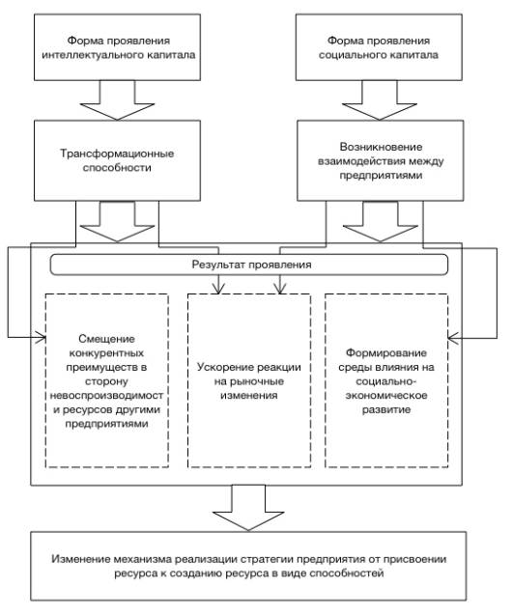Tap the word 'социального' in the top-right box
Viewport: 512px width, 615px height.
click(346, 55)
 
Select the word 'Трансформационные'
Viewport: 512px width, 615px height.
click(117, 154)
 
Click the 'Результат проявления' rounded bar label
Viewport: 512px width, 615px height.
click(251, 265)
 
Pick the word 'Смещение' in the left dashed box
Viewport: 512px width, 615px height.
click(106, 339)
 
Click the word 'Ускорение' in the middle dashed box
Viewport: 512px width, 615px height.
click(223, 368)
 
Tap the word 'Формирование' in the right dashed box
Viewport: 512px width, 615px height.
click(386, 353)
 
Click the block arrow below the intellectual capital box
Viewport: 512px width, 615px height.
click(117, 100)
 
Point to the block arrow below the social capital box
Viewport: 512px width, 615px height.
click(380, 100)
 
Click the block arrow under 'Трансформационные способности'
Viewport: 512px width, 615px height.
click(117, 222)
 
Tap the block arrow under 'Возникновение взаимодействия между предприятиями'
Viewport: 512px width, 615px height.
click(381, 222)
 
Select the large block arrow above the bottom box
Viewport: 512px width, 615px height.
click(248, 508)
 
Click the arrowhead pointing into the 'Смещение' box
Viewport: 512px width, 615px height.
click(43, 337)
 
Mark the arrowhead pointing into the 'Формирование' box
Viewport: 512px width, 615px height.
click(452, 338)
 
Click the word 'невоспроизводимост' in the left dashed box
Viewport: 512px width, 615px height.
click(106, 396)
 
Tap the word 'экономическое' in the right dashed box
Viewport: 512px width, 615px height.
click(386, 396)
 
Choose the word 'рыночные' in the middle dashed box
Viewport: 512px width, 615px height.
click(248, 381)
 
